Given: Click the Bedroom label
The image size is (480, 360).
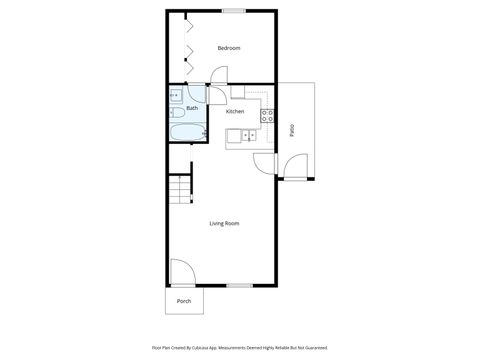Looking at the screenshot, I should (229, 48).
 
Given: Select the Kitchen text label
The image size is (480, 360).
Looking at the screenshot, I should (235, 111).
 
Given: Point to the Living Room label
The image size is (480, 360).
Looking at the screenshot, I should (224, 223).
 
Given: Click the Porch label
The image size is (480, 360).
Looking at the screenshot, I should (184, 300).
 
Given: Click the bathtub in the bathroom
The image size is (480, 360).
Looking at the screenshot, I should (187, 132).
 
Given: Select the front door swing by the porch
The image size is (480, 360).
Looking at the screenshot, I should (182, 271).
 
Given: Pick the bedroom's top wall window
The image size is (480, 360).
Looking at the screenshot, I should (234, 11).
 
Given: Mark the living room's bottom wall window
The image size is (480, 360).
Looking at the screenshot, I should (238, 285).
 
